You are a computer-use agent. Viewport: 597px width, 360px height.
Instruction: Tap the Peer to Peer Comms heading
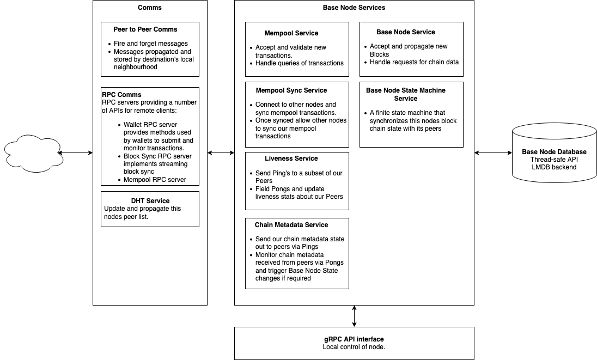[x=145, y=29]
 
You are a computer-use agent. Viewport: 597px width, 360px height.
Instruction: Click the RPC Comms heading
[x=121, y=95]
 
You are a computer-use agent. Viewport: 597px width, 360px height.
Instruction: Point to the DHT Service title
[x=150, y=201]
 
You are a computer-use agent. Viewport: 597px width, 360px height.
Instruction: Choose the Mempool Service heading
[x=291, y=33]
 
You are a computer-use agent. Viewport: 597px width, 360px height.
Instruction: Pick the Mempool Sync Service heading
[x=291, y=90]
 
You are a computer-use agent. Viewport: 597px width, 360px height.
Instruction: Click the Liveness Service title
[x=291, y=158]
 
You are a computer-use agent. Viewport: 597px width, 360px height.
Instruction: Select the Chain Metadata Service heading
[x=291, y=225]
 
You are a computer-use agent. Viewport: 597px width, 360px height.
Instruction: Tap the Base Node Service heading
[x=406, y=32]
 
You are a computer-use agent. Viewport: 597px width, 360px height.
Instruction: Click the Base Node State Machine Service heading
[x=406, y=94]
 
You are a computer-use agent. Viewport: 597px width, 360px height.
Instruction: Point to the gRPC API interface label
[x=354, y=339]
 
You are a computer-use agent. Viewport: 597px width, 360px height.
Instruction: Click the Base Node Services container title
[x=354, y=8]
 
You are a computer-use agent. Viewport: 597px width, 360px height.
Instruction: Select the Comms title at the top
[x=150, y=8]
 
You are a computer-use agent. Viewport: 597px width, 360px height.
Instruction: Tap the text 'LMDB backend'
[x=555, y=167]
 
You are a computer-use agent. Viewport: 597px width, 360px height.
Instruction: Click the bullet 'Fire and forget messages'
[x=151, y=44]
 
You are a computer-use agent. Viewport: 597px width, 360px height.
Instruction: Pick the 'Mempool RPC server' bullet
[x=155, y=180]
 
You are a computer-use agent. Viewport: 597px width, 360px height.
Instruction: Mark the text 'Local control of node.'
[x=354, y=347]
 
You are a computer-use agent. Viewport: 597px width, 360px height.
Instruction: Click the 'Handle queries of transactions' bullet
[x=299, y=63]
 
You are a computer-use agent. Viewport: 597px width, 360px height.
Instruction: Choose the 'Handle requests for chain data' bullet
[x=414, y=62]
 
